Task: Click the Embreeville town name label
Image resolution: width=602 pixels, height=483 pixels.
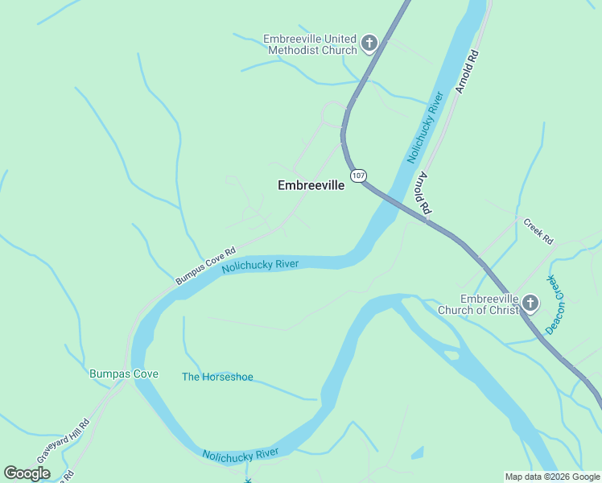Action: (311, 185)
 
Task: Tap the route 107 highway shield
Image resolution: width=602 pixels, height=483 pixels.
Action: (357, 175)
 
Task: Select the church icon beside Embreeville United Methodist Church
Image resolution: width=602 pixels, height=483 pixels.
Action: (369, 43)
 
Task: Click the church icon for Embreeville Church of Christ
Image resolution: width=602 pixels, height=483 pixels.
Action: (530, 303)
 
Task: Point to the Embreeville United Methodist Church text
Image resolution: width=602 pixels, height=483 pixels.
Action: (310, 44)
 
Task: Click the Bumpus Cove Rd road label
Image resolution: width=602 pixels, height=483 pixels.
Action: (205, 266)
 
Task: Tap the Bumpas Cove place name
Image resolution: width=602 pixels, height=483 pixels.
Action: (123, 374)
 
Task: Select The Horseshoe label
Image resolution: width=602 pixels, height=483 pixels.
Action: (217, 377)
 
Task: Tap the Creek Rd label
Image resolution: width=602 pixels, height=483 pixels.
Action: (538, 231)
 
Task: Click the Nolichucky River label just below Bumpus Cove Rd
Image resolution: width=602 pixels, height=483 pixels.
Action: (260, 265)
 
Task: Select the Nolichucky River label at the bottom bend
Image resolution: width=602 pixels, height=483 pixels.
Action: (241, 455)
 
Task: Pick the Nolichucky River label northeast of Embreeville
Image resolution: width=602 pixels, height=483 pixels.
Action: (426, 127)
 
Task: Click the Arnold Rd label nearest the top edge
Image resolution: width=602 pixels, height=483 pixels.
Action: (466, 72)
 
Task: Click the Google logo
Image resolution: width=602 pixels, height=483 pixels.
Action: (27, 473)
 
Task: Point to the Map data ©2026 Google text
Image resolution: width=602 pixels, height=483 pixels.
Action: (553, 477)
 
